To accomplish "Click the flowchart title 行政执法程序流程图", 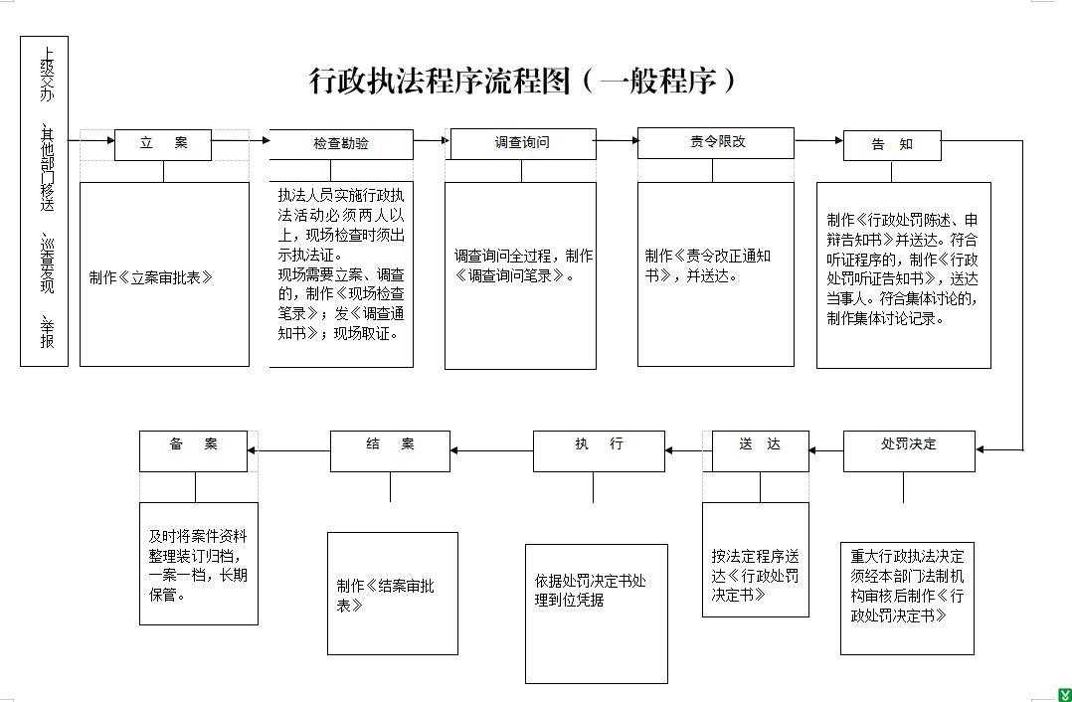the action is pyautogui.click(x=440, y=81).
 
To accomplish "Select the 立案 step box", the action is pyautogui.click(x=163, y=145).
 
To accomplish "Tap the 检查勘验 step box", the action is pyautogui.click(x=341, y=144).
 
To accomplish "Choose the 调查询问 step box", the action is pyautogui.click(x=521, y=143).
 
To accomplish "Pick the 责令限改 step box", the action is pyautogui.click(x=716, y=143).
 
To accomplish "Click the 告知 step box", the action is pyautogui.click(x=892, y=145).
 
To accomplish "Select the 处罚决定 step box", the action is pyautogui.click(x=909, y=451).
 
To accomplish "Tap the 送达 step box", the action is pyautogui.click(x=760, y=451).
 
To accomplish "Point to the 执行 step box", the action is pyautogui.click(x=599, y=451).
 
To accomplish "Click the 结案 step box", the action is pyautogui.click(x=391, y=451).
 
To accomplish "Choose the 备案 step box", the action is pyautogui.click(x=194, y=451).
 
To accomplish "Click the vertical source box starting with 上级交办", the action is pyautogui.click(x=45, y=201).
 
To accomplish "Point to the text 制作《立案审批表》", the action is pyautogui.click(x=151, y=277).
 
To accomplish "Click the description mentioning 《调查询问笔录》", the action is pyautogui.click(x=523, y=265).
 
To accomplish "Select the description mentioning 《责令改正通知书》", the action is pyautogui.click(x=708, y=265).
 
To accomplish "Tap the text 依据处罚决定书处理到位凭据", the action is pyautogui.click(x=590, y=591).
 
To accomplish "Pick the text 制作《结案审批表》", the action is pyautogui.click(x=385, y=596).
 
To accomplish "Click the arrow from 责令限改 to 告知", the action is pyautogui.click(x=819, y=141).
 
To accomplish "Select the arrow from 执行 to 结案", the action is pyautogui.click(x=491, y=450).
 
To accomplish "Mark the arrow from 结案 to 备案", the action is pyautogui.click(x=288, y=450).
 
